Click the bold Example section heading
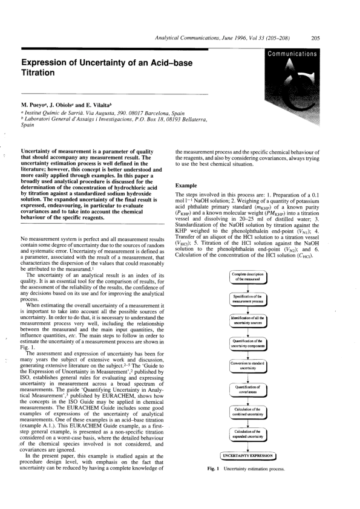pyautogui.click(x=187, y=185)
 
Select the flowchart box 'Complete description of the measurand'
pyautogui.click(x=245, y=277)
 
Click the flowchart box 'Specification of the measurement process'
pyautogui.click(x=245, y=299)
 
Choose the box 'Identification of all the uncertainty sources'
pyautogui.click(x=245, y=322)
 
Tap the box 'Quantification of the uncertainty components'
pyautogui.click(x=245, y=343)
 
